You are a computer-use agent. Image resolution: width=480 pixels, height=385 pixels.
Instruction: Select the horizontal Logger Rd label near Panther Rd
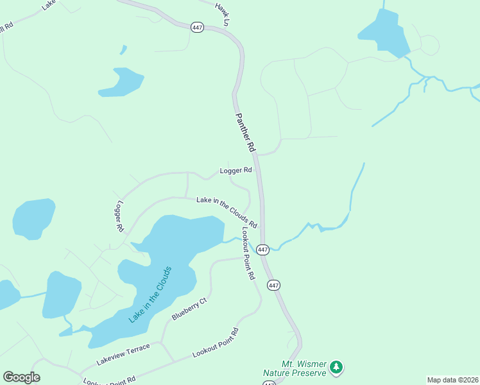(x=237, y=171)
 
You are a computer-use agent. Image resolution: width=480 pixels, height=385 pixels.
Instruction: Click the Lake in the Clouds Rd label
(x=227, y=212)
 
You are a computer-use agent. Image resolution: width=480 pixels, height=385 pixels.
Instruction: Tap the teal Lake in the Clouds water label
(x=150, y=294)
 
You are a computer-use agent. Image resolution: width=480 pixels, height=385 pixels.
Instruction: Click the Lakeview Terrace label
(x=123, y=355)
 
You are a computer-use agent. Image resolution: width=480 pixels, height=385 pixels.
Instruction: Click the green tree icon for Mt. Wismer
(x=337, y=368)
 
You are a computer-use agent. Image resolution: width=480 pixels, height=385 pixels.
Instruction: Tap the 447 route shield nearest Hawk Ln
(x=198, y=27)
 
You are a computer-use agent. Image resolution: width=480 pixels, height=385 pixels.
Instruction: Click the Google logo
(x=21, y=377)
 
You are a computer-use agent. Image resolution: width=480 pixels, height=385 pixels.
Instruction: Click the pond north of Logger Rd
(x=121, y=81)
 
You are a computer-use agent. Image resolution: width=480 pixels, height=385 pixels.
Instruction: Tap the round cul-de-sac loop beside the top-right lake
(x=429, y=45)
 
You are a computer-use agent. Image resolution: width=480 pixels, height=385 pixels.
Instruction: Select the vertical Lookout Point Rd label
(x=248, y=253)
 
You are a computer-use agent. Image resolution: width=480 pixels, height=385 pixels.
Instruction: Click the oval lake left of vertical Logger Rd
(x=33, y=218)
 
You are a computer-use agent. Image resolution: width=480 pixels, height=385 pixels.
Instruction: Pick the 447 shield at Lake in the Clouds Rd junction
(x=262, y=249)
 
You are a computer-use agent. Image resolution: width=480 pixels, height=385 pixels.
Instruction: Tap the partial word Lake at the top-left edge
(x=49, y=4)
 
